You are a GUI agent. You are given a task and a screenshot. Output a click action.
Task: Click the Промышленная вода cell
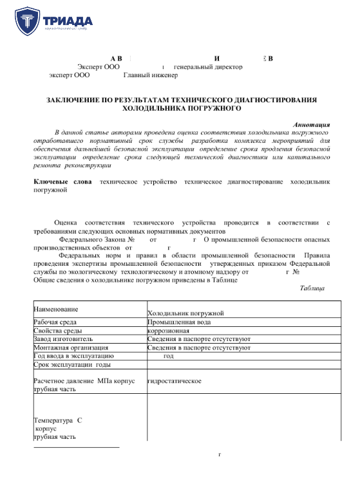click(x=179, y=322)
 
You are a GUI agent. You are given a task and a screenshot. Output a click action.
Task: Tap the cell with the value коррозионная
click(x=168, y=330)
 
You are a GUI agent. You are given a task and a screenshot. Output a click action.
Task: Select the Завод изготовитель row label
click(x=63, y=338)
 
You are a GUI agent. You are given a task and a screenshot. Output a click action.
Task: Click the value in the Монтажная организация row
click(x=198, y=347)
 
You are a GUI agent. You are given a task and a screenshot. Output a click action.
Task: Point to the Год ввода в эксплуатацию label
click(x=73, y=355)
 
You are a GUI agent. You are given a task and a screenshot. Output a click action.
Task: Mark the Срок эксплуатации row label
click(x=68, y=364)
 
